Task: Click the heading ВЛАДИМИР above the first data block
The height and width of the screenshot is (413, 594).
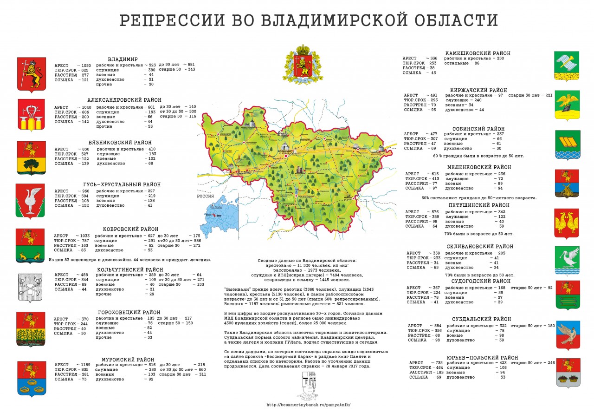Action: point(123,59)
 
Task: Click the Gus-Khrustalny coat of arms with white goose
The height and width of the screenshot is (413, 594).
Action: point(31,200)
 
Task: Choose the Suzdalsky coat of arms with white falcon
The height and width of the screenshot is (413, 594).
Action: point(568,334)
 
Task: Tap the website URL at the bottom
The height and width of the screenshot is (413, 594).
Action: point(309,405)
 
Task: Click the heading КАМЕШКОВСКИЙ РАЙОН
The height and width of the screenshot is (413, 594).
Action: point(478,53)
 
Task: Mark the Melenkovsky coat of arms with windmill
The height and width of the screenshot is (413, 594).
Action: point(567,184)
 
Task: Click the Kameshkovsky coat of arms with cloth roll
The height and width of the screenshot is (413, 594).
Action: point(567,66)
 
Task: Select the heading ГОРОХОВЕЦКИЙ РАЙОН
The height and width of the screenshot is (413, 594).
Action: point(129,312)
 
